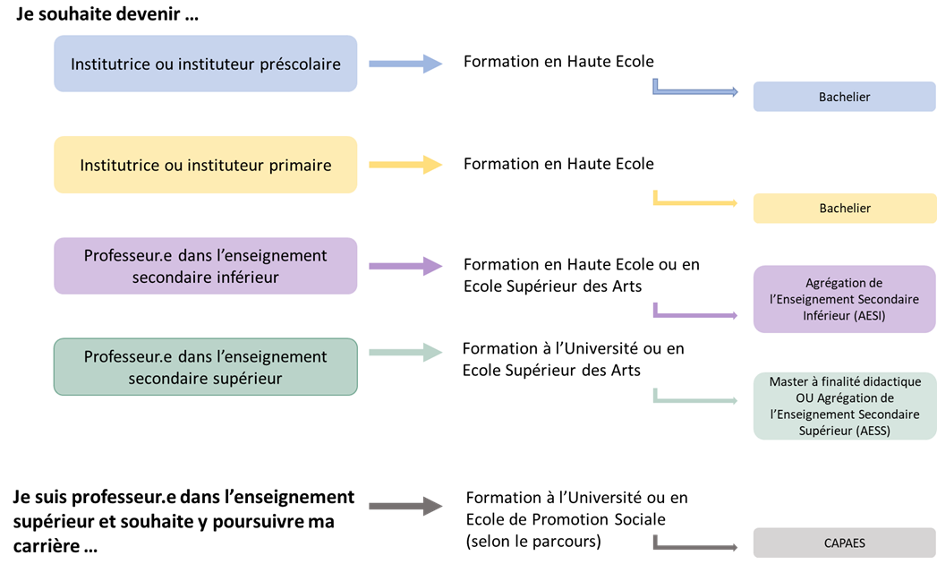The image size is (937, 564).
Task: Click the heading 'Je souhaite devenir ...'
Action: click(x=107, y=13)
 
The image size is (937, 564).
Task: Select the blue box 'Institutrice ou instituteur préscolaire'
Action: click(x=206, y=64)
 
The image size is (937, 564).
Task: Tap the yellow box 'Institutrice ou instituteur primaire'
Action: click(x=206, y=165)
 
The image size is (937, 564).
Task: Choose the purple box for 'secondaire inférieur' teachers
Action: click(x=206, y=266)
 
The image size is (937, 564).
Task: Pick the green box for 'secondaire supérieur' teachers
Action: click(x=206, y=367)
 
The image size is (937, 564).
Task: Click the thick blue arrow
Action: click(x=405, y=64)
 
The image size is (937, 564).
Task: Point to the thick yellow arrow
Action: click(x=405, y=165)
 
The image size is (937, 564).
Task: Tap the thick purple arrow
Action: click(x=405, y=266)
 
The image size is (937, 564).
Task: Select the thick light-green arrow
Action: click(x=405, y=352)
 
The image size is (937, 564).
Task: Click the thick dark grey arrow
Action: click(x=405, y=506)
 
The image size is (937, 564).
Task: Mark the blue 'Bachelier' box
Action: click(x=845, y=97)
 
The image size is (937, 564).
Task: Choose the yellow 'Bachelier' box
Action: click(x=845, y=208)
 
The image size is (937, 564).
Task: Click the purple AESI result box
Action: click(x=845, y=299)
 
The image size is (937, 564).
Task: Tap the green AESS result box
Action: click(x=845, y=406)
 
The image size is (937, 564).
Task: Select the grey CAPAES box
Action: click(x=845, y=543)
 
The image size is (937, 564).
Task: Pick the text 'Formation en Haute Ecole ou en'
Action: click(x=582, y=264)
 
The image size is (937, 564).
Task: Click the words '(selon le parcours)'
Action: click(x=533, y=541)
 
